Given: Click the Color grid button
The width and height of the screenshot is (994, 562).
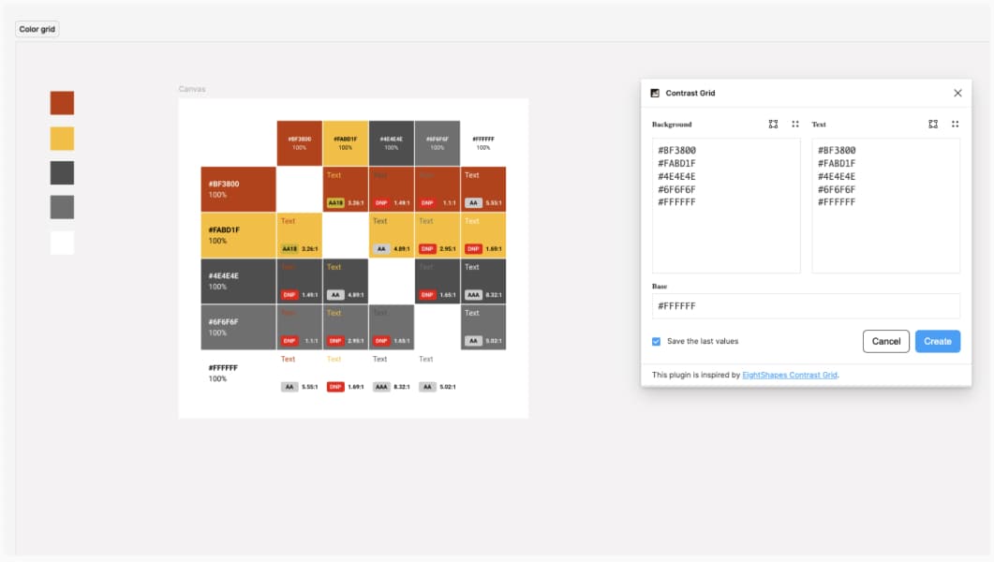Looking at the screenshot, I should [37, 29].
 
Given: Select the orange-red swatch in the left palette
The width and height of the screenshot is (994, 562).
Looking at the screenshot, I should [62, 103].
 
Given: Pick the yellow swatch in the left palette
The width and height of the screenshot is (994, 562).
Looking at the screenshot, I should [62, 139].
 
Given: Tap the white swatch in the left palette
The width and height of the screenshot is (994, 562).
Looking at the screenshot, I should [62, 243].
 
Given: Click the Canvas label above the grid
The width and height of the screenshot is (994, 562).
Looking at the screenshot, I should [192, 89].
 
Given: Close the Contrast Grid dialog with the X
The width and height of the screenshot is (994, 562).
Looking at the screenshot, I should [957, 93].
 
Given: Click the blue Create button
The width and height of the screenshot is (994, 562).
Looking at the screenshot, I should [937, 341].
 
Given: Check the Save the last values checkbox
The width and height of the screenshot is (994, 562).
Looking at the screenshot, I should [656, 341].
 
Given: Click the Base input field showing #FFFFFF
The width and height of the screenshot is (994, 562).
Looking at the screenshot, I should [806, 306].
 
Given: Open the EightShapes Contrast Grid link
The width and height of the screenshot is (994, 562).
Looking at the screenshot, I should [789, 375].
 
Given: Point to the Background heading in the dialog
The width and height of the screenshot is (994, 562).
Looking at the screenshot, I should [672, 124].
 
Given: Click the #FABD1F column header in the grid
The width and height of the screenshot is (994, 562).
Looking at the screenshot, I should [345, 142].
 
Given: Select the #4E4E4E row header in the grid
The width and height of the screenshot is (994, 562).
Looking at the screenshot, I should [238, 281].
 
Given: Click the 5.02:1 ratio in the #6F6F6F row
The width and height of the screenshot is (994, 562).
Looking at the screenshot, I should [495, 341].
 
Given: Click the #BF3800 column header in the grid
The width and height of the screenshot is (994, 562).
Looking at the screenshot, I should [299, 142].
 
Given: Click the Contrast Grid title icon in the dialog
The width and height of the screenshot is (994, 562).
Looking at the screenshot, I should [655, 93].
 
